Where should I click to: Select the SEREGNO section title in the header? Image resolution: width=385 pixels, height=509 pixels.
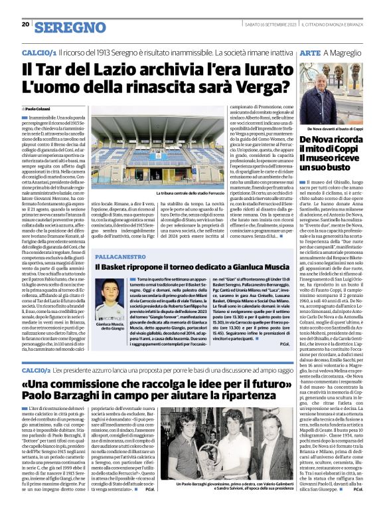(70, 27)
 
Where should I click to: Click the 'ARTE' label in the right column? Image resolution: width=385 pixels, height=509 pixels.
(311, 51)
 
